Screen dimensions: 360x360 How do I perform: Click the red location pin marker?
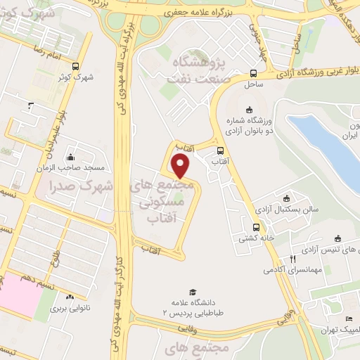pos(181,166)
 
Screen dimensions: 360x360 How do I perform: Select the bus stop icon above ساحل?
pos(253,72)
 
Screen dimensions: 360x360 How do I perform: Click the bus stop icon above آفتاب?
pos(221,150)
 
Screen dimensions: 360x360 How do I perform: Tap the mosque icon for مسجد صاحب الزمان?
pos(69,157)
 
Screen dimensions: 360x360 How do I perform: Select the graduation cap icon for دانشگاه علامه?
pos(191,291)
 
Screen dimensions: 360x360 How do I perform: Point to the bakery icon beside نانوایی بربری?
pos(70,297)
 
